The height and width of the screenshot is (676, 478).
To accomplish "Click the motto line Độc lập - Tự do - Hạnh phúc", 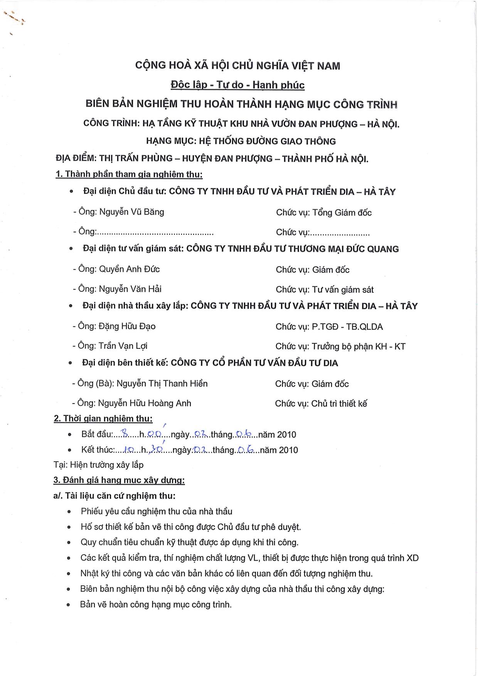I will click(x=237, y=85).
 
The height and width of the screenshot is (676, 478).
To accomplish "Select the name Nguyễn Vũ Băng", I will click(x=131, y=212).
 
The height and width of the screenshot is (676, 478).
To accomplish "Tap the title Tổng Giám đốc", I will click(x=342, y=212).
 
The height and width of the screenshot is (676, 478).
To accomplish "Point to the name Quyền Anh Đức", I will click(x=129, y=269).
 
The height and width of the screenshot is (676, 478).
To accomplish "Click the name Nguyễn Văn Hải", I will click(x=130, y=289).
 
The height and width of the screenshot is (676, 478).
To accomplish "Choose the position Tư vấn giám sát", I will click(x=343, y=289).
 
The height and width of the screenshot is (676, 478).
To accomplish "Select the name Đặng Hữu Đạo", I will click(x=127, y=326).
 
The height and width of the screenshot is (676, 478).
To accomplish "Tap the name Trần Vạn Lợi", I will click(x=123, y=346).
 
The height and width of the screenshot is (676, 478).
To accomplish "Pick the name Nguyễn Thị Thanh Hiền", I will click(x=162, y=383).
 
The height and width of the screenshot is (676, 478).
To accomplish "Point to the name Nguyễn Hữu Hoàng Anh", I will click(x=145, y=403).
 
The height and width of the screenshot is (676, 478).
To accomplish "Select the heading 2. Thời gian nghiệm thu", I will click(x=103, y=419).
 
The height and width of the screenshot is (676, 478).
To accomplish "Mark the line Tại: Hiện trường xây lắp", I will click(x=99, y=465).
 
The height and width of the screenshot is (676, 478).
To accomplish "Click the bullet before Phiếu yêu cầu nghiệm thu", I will click(x=69, y=512).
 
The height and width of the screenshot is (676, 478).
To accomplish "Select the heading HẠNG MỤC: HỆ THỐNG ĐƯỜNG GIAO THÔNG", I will click(x=241, y=141).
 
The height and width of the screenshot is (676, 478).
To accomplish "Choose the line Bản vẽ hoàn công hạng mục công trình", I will click(x=156, y=604).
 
